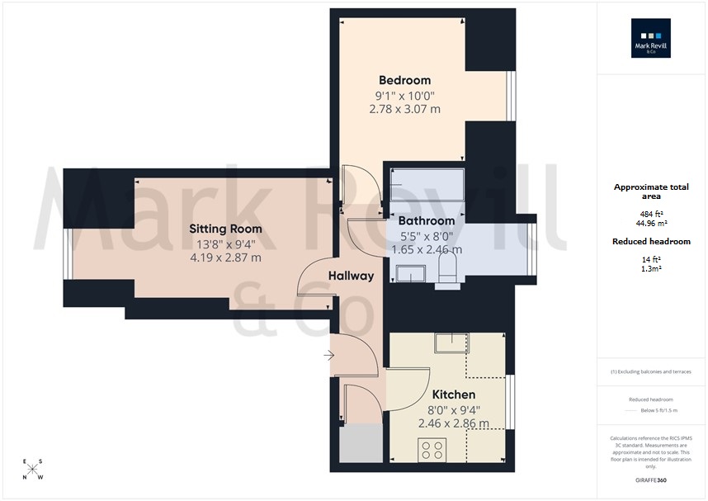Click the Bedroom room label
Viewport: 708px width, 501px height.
click(404, 80)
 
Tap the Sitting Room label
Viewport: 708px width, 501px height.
click(225, 229)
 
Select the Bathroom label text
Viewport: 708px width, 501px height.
click(426, 221)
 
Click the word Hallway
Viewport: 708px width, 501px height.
click(351, 276)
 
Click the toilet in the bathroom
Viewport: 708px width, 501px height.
click(447, 270)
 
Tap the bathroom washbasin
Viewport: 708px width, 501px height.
click(409, 274)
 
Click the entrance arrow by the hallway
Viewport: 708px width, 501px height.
click(328, 356)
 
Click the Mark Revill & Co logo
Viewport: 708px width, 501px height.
click(651, 38)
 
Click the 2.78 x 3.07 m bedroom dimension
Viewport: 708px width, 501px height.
click(404, 108)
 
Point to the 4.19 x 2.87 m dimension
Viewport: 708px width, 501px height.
click(225, 258)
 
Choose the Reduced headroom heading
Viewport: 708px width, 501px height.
click(651, 241)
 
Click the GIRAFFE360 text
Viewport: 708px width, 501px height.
click(651, 479)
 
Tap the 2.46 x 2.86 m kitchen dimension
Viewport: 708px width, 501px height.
click(453, 423)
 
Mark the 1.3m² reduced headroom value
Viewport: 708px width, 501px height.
click(651, 267)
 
